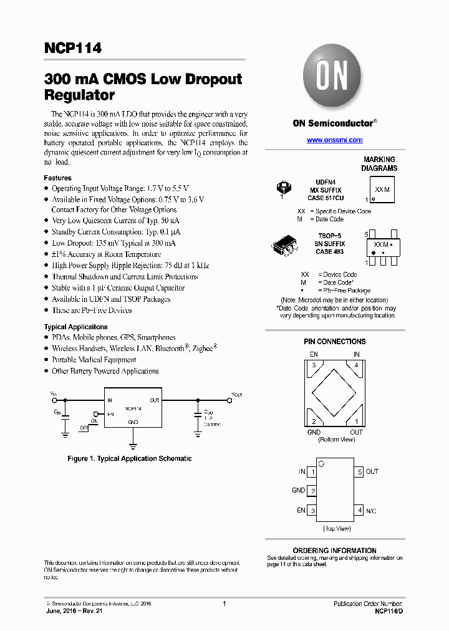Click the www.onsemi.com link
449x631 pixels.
tap(334, 140)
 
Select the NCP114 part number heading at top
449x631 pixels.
tap(72, 48)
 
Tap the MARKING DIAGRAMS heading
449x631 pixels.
tap(379, 164)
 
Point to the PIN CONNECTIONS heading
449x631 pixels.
tap(336, 342)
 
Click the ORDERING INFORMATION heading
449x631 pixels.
tap(335, 551)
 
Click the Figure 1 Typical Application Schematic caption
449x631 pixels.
tap(130, 458)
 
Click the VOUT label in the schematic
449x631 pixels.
tap(237, 395)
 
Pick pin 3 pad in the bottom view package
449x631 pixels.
tap(315, 365)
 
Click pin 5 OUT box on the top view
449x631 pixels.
tap(359, 472)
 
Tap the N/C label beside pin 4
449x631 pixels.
tap(371, 511)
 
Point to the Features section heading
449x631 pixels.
tap(57, 178)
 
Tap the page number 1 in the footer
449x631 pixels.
tap(224, 604)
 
